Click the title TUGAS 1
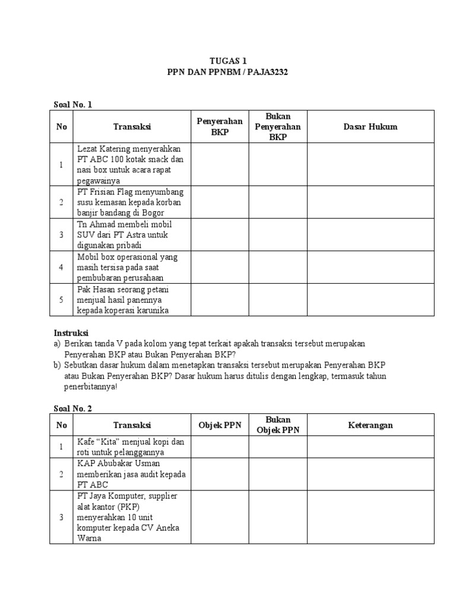coord(229,61)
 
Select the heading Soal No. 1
coord(74,104)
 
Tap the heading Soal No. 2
coord(74,408)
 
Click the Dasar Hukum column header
coord(370,126)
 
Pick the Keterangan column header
coord(370,425)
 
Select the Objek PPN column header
coord(219,425)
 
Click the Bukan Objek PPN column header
coord(277,425)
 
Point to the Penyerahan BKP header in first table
coord(219,126)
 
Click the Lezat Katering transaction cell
coord(131,164)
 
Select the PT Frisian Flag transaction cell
coord(131,202)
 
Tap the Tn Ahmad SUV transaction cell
coord(131,235)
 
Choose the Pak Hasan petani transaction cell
coord(131,300)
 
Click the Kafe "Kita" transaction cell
coord(131,447)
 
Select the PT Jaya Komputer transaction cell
coord(131,517)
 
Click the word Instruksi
coord(71,333)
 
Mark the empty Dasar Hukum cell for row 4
coord(370,267)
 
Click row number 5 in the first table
coord(61,300)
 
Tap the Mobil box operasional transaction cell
coord(131,267)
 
